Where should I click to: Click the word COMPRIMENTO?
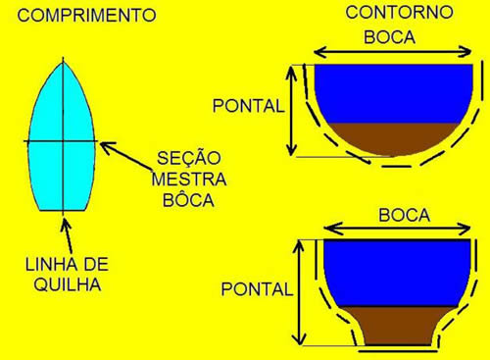(x=77, y=16)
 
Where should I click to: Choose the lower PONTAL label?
(x=257, y=290)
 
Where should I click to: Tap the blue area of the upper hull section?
(x=397, y=93)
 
